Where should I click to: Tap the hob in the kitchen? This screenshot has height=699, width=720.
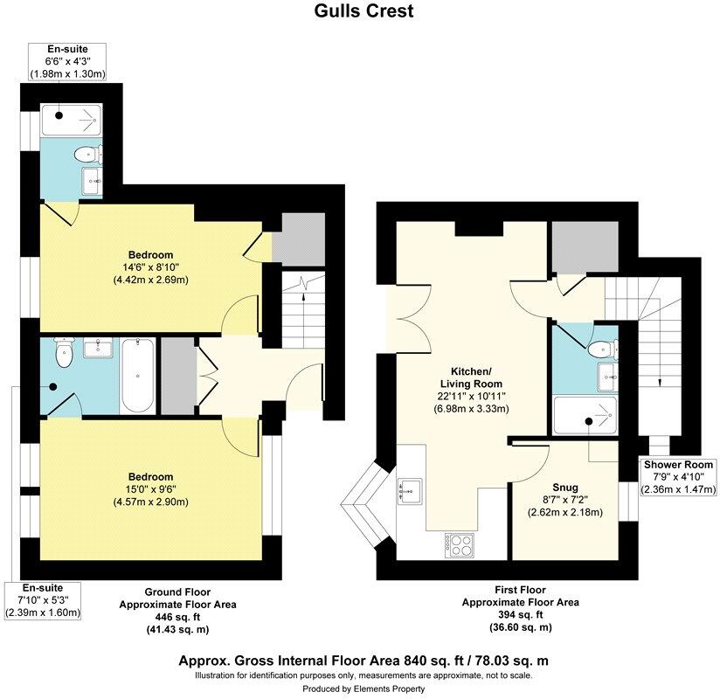coord(460,544)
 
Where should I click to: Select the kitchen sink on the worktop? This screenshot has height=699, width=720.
coord(408,491)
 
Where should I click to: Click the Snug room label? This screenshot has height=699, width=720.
coord(565,488)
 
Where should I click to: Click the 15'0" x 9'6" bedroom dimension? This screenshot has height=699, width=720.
coord(150,489)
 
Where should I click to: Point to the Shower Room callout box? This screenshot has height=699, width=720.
coord(679,477)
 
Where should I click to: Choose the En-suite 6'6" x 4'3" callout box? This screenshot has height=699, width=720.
coord(67,61)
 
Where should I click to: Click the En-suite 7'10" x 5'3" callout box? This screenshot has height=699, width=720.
coord(43,600)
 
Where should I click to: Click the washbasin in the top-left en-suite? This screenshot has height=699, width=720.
coord(90,182)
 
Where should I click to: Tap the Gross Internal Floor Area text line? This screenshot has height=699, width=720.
coord(363,661)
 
